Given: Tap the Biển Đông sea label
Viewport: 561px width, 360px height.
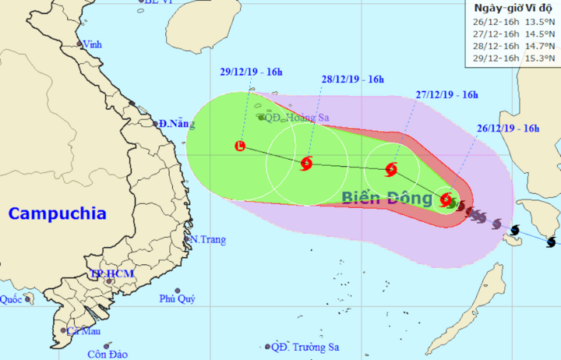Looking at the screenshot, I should pyautogui.click(x=386, y=198).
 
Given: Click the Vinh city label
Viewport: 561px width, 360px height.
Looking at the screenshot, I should pyautogui.click(x=93, y=44).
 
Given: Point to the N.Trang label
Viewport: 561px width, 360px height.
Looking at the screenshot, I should pyautogui.click(x=207, y=239).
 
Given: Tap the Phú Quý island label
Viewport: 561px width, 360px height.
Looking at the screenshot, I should pyautogui.click(x=177, y=298).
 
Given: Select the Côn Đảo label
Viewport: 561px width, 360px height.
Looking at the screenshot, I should pyautogui.click(x=107, y=355).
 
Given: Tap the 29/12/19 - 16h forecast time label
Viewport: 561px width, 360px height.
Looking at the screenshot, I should pyautogui.click(x=250, y=72).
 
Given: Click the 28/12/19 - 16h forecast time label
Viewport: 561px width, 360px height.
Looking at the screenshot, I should pyautogui.click(x=354, y=79).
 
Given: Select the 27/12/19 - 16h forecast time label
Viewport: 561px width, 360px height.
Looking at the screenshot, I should pyautogui.click(x=446, y=96).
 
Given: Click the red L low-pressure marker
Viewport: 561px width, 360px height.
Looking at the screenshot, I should pyautogui.click(x=240, y=146).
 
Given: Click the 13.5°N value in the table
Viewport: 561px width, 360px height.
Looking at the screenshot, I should pyautogui.click(x=541, y=23).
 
